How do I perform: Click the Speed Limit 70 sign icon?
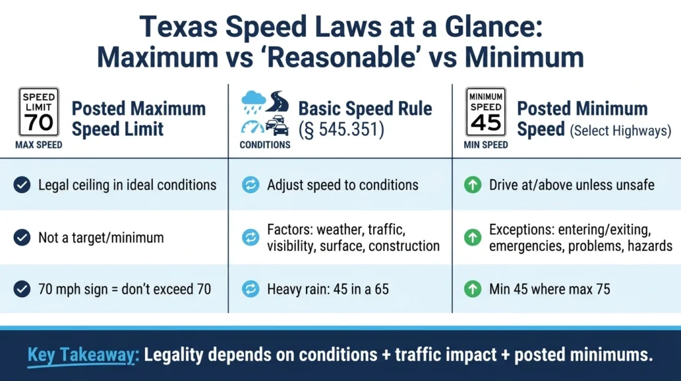[x=39, y=112]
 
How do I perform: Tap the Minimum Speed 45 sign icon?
[x=485, y=112]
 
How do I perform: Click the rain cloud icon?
[x=253, y=103]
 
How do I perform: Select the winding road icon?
[x=277, y=101]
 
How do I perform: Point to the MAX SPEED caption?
[x=39, y=145]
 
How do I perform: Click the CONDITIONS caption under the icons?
[x=265, y=145]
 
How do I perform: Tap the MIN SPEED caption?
[x=485, y=145]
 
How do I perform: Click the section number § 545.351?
[x=341, y=129]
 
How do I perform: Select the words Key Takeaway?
[x=82, y=355]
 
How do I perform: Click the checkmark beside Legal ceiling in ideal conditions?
[x=22, y=185]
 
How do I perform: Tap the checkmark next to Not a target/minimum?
[x=22, y=238]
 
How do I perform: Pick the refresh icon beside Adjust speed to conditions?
[x=251, y=185]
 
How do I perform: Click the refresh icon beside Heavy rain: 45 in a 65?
[x=251, y=289]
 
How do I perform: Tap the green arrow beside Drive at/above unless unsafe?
[x=473, y=185]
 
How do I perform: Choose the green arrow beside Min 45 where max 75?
[x=473, y=289]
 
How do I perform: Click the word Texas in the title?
[x=178, y=27]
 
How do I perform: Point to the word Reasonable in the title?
[x=341, y=57]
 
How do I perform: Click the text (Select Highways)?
[x=620, y=131]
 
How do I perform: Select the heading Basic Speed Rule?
[x=365, y=109]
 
